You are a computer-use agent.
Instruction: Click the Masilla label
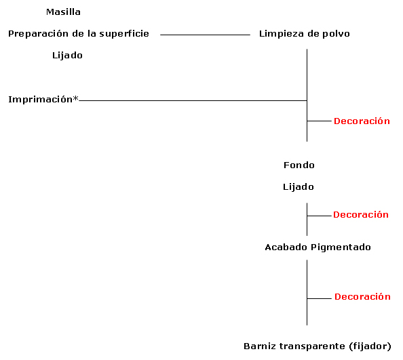(63, 12)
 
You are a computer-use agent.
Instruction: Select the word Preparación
(38, 34)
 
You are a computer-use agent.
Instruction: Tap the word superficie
(124, 34)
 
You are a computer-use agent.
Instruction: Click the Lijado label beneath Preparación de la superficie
(67, 56)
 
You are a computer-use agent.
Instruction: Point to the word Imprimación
(40, 99)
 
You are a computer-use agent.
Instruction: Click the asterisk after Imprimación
(75, 98)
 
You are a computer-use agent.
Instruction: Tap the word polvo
(337, 34)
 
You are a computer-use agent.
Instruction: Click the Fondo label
(299, 165)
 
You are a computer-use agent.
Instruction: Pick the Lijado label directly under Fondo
(299, 187)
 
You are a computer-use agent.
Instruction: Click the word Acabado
(286, 247)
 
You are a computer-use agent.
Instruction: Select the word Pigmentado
(341, 247)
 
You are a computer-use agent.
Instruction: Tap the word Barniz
(260, 346)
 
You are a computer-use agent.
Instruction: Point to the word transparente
(312, 346)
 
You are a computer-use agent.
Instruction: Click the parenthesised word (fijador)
(370, 346)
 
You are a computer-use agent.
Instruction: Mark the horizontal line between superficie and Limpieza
(205, 35)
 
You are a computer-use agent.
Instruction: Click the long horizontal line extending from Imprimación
(193, 100)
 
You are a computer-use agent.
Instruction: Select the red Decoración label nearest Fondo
(362, 121)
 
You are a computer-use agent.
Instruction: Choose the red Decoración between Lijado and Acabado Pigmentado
(360, 215)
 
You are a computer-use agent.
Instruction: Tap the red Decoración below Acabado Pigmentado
(362, 297)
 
